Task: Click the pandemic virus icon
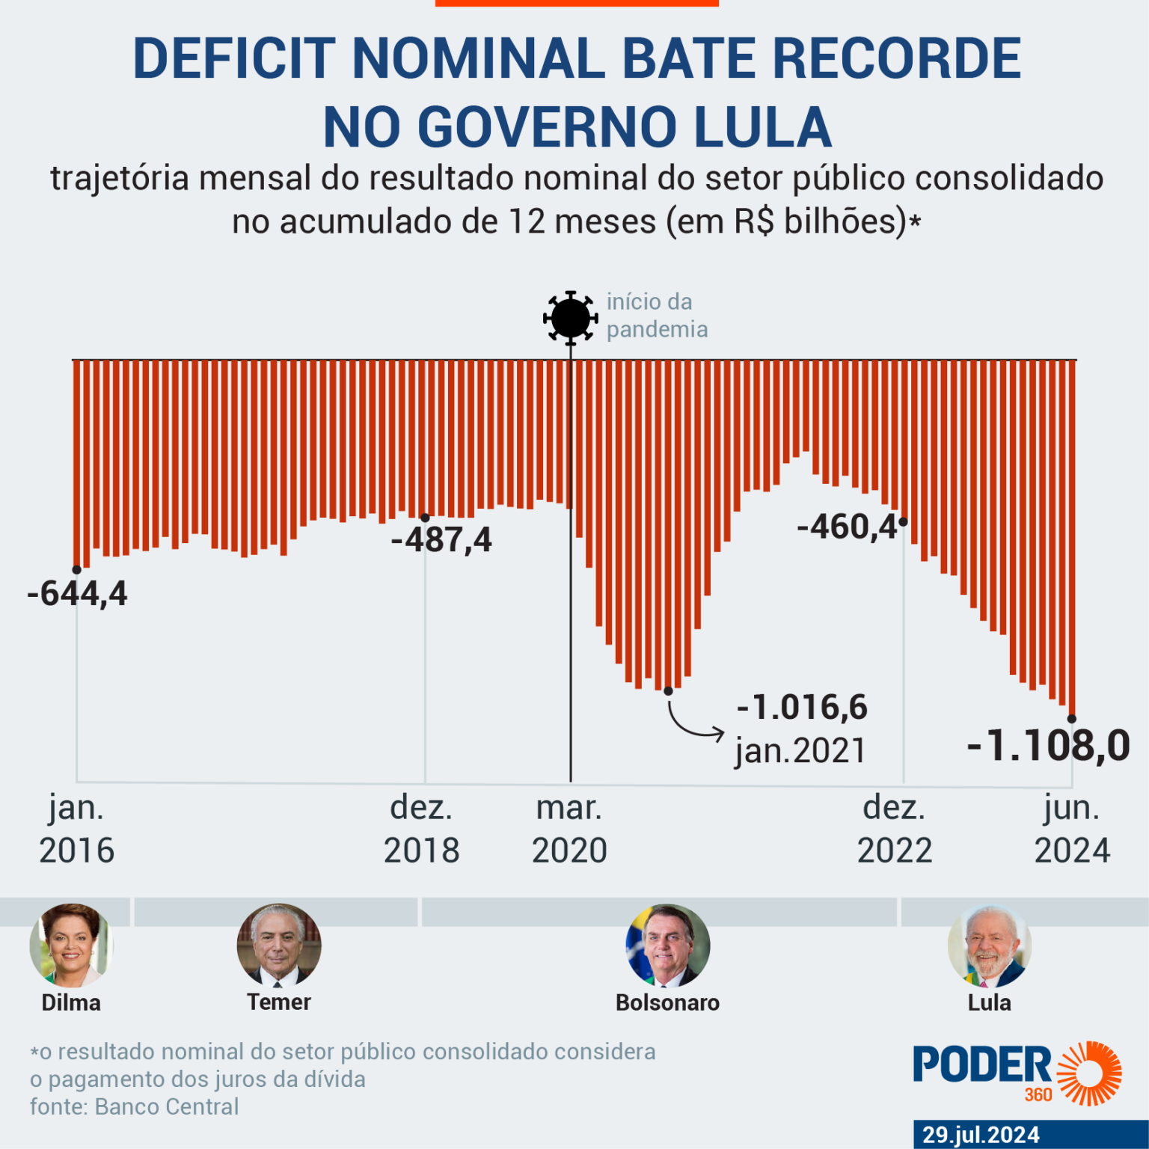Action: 570,317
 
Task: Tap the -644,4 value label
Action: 77,593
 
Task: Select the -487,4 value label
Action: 441,539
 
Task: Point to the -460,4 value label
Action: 847,527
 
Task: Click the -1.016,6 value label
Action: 802,707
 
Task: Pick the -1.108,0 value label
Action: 1048,745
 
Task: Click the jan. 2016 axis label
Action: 76,829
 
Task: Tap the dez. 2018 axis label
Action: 421,829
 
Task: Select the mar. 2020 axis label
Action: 569,829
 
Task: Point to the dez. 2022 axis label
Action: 895,829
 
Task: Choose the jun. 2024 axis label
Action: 1072,829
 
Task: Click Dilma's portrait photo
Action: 71,946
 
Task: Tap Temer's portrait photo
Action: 279,946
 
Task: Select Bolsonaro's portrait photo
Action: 667,946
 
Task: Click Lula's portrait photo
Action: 989,946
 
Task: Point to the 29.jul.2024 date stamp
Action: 981,1135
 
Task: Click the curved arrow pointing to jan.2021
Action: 693,721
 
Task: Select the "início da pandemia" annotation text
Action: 656,316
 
